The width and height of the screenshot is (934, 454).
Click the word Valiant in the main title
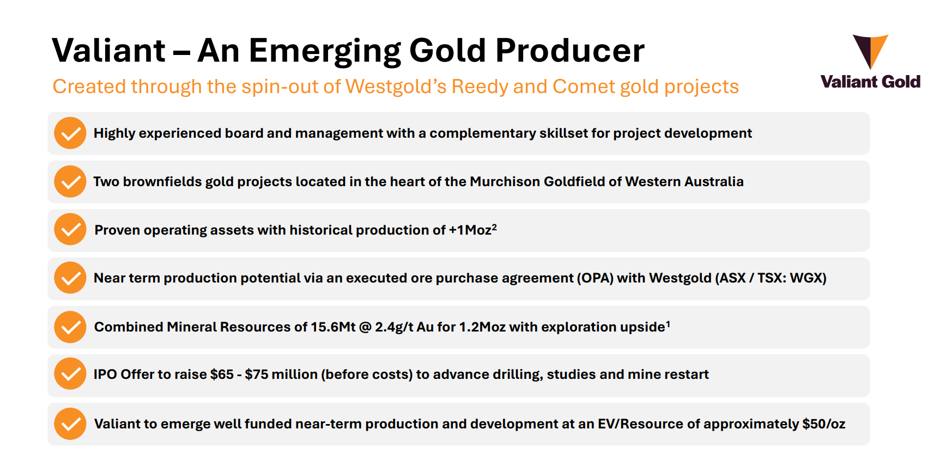coord(108,51)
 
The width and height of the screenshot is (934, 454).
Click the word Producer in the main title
coord(570,51)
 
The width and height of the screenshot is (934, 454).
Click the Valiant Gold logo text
coord(870,82)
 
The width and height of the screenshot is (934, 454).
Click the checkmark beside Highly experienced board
coord(70,133)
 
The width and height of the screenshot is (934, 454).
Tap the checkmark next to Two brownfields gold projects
coord(70,182)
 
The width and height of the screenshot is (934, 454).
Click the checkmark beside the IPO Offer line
coord(70,374)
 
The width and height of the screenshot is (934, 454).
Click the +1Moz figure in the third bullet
coord(470,230)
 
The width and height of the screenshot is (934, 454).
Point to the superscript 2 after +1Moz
coord(494,227)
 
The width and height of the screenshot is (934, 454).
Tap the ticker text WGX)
coord(808,278)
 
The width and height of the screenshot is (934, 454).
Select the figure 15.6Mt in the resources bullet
coord(333,327)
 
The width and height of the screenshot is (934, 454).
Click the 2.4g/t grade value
coord(394,327)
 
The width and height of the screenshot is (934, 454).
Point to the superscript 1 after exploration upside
coord(668,324)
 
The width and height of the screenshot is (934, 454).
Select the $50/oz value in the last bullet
coord(823,424)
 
